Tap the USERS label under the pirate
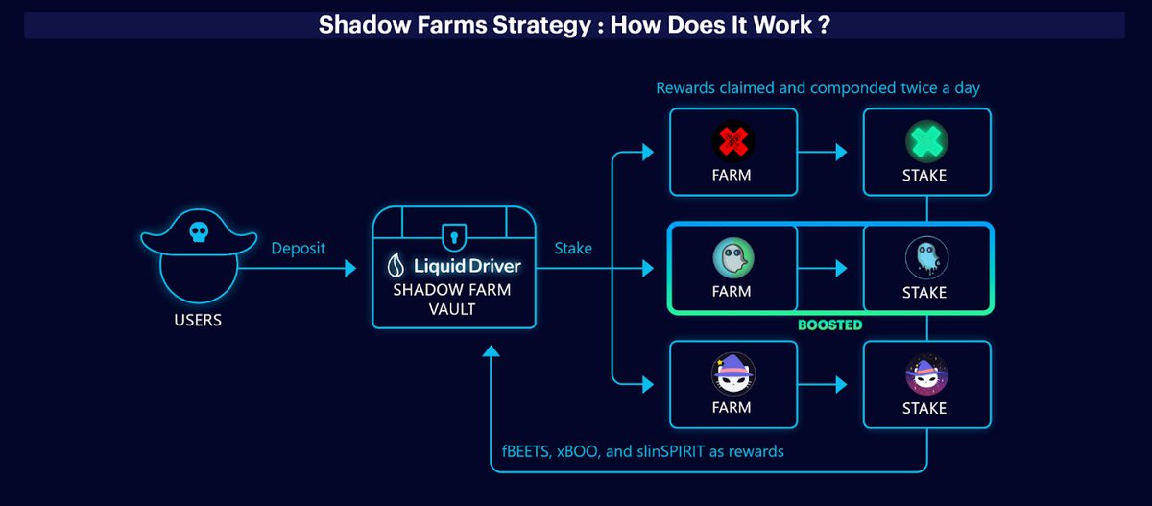199,320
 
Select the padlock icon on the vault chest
451,235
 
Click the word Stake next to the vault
573,248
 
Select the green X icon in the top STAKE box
924,141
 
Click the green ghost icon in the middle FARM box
732,257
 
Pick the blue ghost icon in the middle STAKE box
924,257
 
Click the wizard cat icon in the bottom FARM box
732,373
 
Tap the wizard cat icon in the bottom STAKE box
924,373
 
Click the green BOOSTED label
829,325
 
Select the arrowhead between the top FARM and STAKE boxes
841,152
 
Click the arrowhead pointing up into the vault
492,353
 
